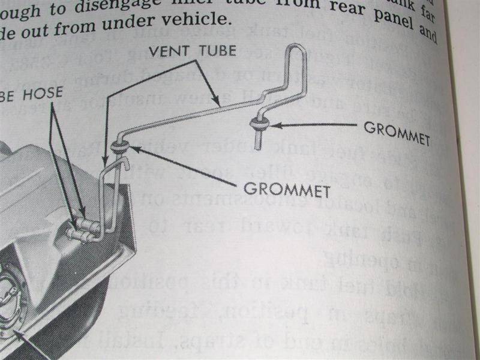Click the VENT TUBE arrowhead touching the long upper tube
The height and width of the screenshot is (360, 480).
click(x=222, y=106)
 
